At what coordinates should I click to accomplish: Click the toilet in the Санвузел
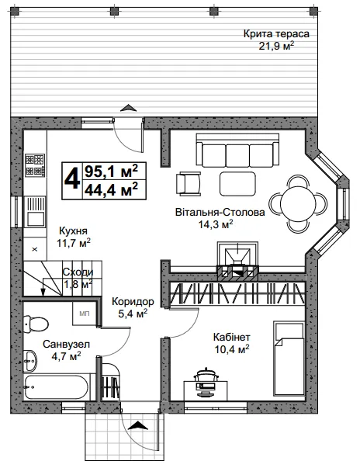point(36,324)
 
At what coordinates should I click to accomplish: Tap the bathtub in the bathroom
point(56,387)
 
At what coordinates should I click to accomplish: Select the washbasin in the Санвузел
point(30,360)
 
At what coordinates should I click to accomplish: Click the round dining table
point(298,203)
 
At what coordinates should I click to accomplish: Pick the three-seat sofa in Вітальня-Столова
point(237,150)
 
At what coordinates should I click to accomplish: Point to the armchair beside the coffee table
point(189,184)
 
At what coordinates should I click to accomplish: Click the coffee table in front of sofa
point(237,184)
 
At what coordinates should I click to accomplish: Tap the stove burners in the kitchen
point(35,165)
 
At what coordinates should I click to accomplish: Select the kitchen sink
point(36,212)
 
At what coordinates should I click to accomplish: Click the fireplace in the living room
point(237,260)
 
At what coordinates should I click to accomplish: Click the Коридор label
point(133,301)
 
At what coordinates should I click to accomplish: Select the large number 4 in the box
point(72,180)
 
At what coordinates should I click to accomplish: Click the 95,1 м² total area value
point(112,171)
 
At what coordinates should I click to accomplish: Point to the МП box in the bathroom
point(85,314)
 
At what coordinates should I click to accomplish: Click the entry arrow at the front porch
point(138,425)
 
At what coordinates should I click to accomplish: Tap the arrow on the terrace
point(128,107)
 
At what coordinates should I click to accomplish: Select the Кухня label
point(74,231)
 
